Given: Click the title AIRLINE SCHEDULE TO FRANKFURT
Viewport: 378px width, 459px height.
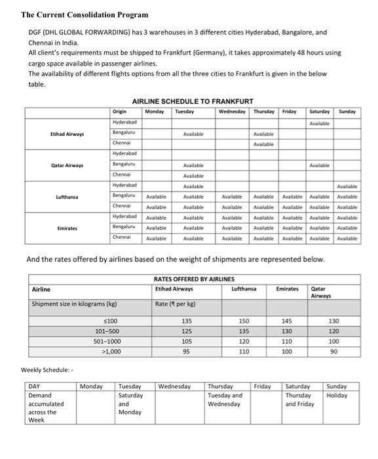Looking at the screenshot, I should click(x=193, y=102).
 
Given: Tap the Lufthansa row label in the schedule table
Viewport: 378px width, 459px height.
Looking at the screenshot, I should click(x=67, y=197).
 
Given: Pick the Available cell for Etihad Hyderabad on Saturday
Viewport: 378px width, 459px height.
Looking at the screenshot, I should click(x=319, y=123).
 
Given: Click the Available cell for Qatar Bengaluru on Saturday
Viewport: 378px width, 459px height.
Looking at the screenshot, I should click(x=319, y=165).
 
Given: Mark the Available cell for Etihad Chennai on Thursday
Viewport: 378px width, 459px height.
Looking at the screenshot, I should click(x=263, y=144).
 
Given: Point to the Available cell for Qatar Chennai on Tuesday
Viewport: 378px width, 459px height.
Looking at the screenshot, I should click(x=193, y=176).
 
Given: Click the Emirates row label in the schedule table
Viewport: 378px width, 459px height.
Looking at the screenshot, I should click(x=67, y=228).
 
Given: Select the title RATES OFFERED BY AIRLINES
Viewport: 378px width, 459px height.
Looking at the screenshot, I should click(x=193, y=279).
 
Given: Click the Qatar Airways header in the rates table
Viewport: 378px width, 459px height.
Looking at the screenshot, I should click(x=322, y=292).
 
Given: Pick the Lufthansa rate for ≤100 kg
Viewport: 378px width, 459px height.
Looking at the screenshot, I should click(x=244, y=321).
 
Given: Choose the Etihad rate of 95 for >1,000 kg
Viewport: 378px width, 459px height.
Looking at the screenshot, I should click(x=187, y=352).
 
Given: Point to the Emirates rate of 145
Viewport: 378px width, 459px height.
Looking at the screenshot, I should click(x=286, y=321).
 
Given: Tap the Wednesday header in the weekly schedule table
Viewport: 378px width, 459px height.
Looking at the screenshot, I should click(x=174, y=387).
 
